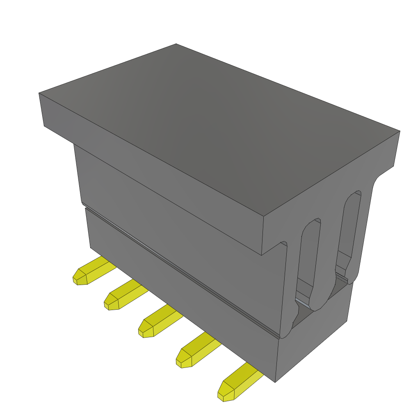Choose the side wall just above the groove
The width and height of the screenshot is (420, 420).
click(172, 221)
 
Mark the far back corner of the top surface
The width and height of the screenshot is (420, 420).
click(176, 44)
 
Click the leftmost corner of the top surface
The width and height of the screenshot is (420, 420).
click(39, 93)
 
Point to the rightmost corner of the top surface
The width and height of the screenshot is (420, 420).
click(399, 131)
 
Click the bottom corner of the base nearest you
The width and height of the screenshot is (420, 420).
click(275, 382)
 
